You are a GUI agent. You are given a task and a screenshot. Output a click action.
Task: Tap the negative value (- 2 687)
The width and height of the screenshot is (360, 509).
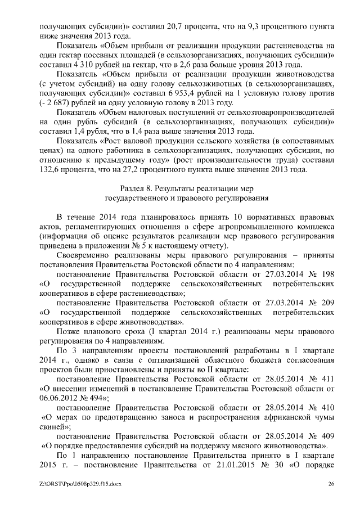pyautogui.click(x=55, y=103)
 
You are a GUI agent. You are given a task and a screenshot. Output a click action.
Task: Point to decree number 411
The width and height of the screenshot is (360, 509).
pyautogui.click(x=330, y=379)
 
